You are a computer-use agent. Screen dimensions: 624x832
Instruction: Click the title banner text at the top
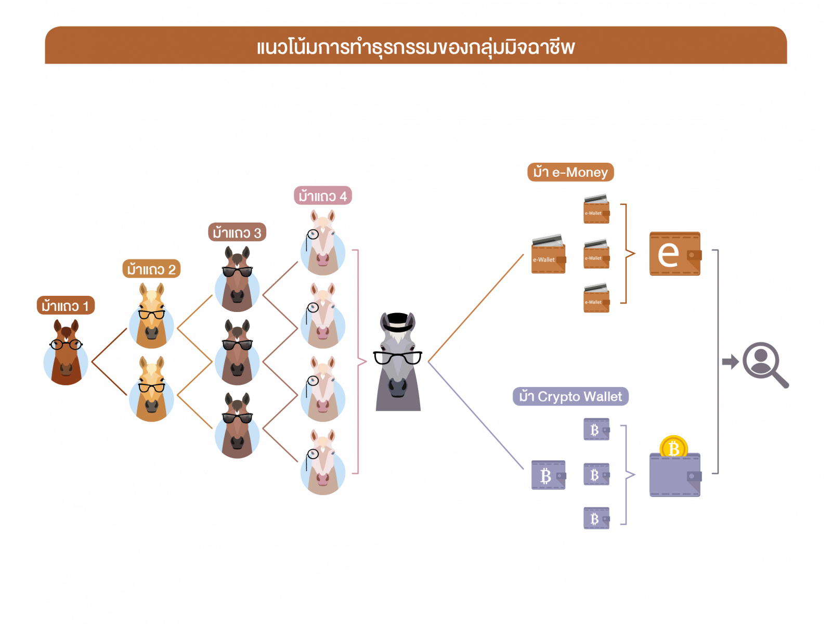click(x=415, y=47)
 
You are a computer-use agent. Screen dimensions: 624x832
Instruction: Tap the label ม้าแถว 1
click(x=66, y=306)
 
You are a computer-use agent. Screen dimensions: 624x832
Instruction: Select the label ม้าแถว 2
click(x=151, y=269)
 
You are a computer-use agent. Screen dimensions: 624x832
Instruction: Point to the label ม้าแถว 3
click(x=237, y=232)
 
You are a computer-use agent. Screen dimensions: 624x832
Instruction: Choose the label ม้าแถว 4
click(x=322, y=196)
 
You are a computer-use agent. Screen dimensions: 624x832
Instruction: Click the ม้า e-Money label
click(x=570, y=172)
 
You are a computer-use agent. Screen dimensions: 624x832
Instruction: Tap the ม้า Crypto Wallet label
click(x=570, y=397)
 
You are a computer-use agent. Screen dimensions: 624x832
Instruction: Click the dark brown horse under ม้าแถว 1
click(x=66, y=354)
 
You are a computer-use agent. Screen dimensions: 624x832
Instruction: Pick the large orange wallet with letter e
click(x=675, y=254)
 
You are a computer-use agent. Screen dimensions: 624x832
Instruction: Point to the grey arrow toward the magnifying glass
click(x=730, y=361)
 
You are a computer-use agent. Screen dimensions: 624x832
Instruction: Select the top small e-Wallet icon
click(x=596, y=209)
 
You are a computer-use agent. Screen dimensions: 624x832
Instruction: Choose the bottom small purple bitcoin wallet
click(x=596, y=518)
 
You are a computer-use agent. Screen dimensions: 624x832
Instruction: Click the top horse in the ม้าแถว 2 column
click(x=151, y=317)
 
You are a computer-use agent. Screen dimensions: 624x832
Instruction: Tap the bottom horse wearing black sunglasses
click(x=237, y=426)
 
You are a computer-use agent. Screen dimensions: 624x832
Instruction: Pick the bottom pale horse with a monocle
click(x=322, y=463)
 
